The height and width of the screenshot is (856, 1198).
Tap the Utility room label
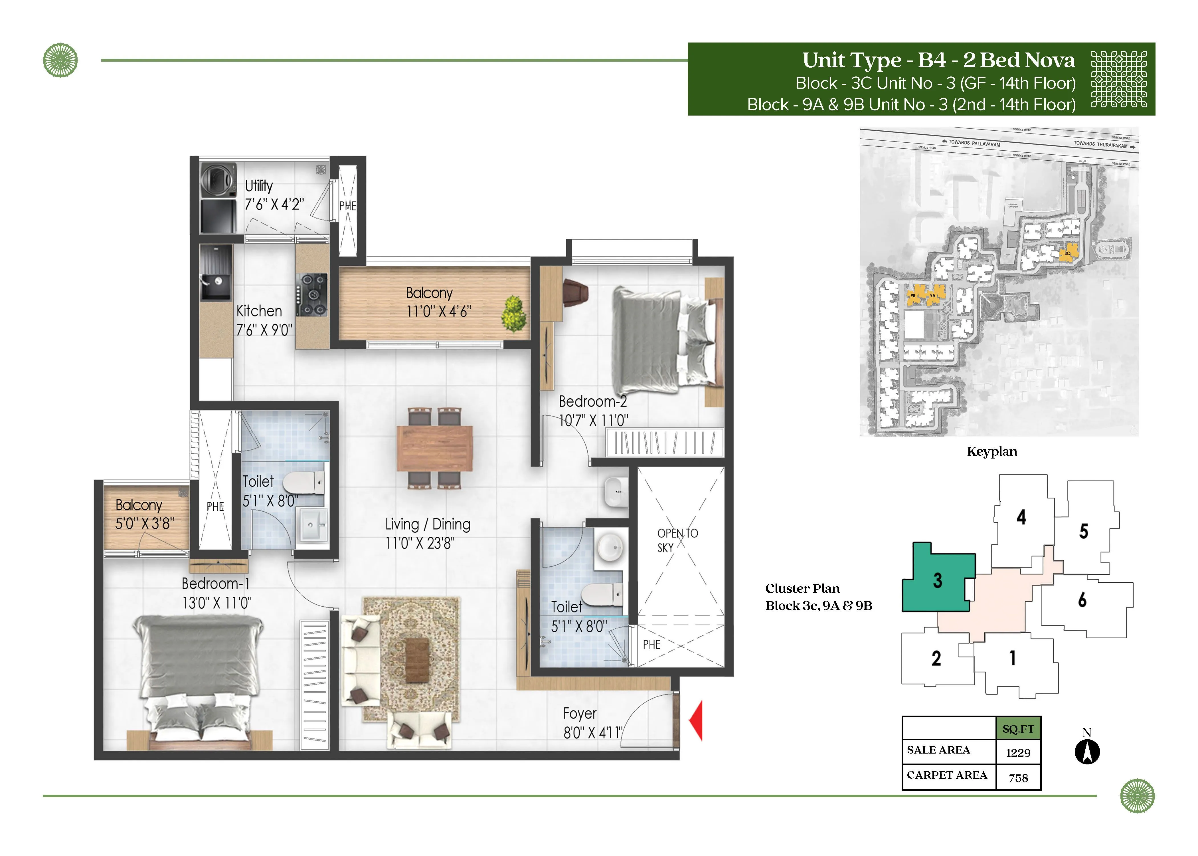pyautogui.click(x=259, y=186)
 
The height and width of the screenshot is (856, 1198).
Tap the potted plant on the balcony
pyautogui.click(x=514, y=314)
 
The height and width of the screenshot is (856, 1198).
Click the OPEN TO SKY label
pyautogui.click(x=677, y=540)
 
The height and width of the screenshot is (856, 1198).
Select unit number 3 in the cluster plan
pyautogui.click(x=937, y=580)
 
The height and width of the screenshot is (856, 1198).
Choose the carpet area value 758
pyautogui.click(x=1018, y=778)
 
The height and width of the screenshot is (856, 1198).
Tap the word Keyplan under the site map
pyautogui.click(x=991, y=452)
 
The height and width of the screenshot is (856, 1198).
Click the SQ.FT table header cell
pyautogui.click(x=1018, y=729)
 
